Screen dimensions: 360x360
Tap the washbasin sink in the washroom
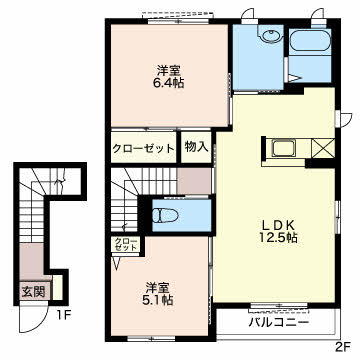pos(271,36)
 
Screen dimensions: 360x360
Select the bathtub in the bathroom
pos(309,40)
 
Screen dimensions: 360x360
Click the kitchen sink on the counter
pos(283,148)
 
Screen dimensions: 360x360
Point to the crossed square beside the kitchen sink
pos(323,148)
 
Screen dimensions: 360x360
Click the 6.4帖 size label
pos(168,83)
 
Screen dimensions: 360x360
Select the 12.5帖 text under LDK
pos(279,237)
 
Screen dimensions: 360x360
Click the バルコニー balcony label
pos(278,323)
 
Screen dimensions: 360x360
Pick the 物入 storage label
pos(197,147)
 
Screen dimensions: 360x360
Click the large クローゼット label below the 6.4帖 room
pos(143,148)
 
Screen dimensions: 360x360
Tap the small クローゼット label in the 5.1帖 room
pos(125,244)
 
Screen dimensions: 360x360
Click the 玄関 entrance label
pos(33,292)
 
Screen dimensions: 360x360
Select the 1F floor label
pos(63,315)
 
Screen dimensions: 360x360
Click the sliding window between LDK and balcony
pos(279,306)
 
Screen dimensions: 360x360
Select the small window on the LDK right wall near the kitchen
pos(337,118)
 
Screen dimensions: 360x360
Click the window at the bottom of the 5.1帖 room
pos(151,339)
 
